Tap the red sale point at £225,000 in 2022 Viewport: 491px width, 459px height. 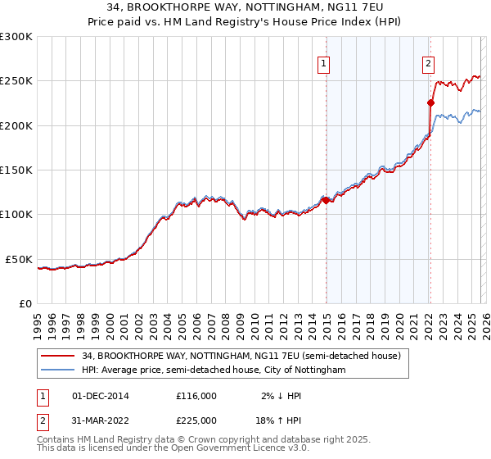pyautogui.click(x=430, y=103)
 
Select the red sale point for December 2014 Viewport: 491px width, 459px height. pyautogui.click(x=325, y=200)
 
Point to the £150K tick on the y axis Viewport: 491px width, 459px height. pyautogui.click(x=16, y=170)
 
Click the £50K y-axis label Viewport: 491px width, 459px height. pyautogui.click(x=19, y=259)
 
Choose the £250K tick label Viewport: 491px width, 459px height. pyautogui.click(x=16, y=81)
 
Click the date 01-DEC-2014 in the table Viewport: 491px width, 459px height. pyautogui.click(x=101, y=395)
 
